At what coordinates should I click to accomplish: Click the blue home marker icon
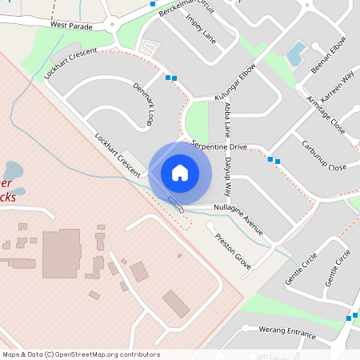pyautogui.click(x=180, y=172)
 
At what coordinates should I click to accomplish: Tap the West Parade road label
pyautogui.click(x=71, y=26)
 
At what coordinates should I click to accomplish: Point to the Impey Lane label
pyautogui.click(x=201, y=27)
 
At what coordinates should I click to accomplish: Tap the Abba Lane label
pyautogui.click(x=228, y=117)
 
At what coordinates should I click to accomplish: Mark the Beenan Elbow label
pyautogui.click(x=329, y=55)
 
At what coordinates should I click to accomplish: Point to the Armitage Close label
pyautogui.click(x=325, y=115)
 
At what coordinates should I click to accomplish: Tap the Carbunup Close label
pyautogui.click(x=323, y=156)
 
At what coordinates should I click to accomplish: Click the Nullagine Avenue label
pyautogui.click(x=238, y=210)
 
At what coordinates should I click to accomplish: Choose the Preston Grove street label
pyautogui.click(x=232, y=250)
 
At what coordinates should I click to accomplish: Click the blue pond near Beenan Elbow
pyautogui.click(x=296, y=54)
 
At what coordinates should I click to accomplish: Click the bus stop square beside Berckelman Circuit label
pyautogui.click(x=153, y=4)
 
